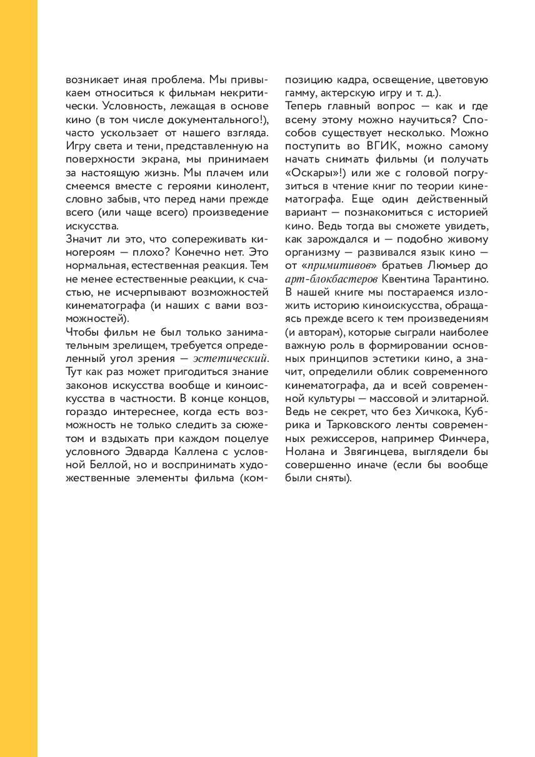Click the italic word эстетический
pos(231,358)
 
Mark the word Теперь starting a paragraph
pos(305,107)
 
